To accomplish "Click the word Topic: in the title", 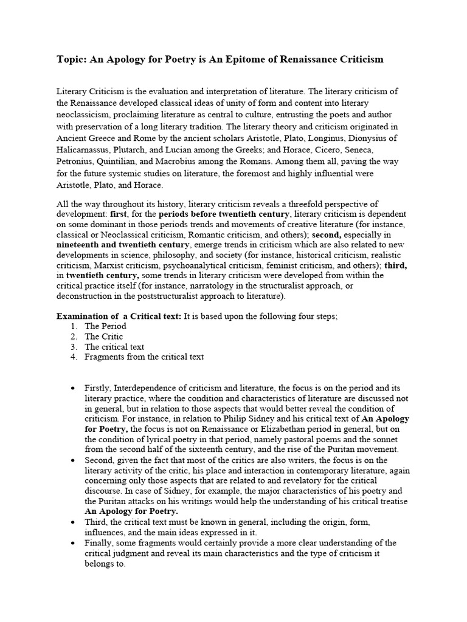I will [x=71, y=59].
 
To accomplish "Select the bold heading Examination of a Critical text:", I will [x=119, y=316].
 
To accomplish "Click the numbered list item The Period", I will [x=105, y=326].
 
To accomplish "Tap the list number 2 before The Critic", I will [x=73, y=337].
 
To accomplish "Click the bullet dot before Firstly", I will [x=73, y=388].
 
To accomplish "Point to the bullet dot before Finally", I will [x=73, y=543].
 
